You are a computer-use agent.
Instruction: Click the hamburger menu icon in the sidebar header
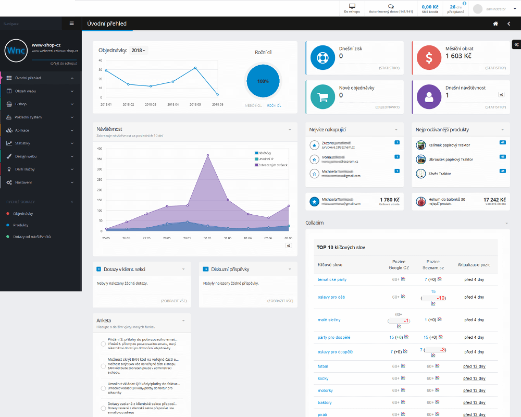(71, 23)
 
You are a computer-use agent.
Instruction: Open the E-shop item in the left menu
(21, 104)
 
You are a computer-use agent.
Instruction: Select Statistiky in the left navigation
(22, 143)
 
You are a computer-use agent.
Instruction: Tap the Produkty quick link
(21, 225)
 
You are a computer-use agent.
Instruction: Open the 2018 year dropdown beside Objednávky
(139, 51)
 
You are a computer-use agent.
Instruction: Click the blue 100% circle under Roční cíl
(263, 81)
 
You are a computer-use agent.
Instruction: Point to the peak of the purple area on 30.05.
(207, 155)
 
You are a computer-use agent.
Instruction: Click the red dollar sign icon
(428, 58)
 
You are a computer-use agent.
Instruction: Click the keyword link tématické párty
(332, 280)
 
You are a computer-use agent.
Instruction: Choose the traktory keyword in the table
(325, 403)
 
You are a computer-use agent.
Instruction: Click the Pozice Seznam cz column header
(433, 264)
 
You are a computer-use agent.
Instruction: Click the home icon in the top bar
(495, 23)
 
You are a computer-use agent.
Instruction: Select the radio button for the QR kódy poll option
(103, 388)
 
